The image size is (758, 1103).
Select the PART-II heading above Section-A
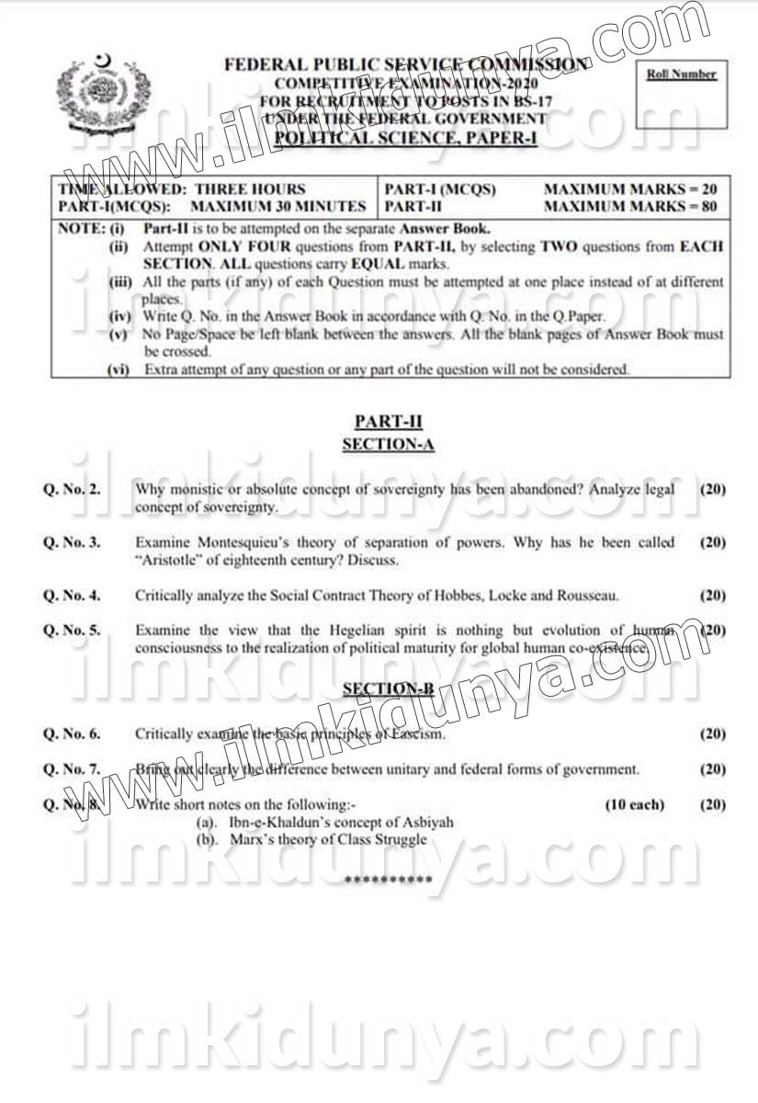(x=388, y=421)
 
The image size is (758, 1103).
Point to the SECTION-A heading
(x=388, y=445)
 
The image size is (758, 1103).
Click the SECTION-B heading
(x=388, y=688)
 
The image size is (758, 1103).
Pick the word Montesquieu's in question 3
(x=238, y=542)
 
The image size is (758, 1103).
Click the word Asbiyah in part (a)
(x=429, y=823)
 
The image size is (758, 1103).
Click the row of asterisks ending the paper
(x=388, y=881)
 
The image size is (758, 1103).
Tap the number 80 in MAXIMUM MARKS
(x=707, y=207)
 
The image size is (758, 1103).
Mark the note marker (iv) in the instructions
(x=119, y=316)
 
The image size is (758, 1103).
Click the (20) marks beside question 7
(x=712, y=769)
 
